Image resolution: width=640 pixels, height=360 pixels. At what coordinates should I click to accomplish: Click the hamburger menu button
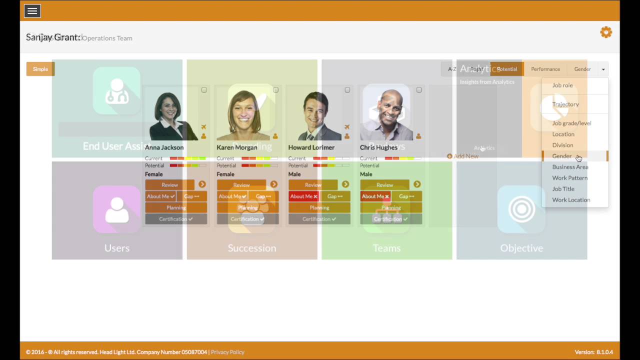click(32, 10)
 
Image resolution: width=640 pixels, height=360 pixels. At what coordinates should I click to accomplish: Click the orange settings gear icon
click(606, 32)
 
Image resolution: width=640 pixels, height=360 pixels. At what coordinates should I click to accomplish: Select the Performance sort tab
click(545, 69)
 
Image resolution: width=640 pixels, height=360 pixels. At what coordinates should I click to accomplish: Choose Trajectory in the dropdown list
click(565, 104)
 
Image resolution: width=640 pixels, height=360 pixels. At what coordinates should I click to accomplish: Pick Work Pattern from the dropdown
click(569, 178)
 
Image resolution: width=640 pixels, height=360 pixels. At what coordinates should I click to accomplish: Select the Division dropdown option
click(562, 145)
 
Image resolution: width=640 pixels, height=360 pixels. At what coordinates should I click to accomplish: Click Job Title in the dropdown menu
click(563, 189)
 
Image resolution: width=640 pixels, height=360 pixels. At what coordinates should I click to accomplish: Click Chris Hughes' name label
click(378, 147)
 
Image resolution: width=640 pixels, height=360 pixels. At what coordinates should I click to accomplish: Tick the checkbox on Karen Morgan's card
click(275, 90)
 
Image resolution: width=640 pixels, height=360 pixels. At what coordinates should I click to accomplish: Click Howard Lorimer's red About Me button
click(303, 196)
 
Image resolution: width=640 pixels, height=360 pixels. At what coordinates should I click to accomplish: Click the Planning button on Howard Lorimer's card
click(319, 207)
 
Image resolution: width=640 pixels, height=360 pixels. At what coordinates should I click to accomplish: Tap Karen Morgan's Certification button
click(247, 219)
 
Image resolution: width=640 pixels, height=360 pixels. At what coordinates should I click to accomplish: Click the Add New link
click(463, 156)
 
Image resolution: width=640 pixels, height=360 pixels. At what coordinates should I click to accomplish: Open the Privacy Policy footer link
click(227, 352)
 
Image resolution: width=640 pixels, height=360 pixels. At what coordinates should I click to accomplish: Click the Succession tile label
click(252, 248)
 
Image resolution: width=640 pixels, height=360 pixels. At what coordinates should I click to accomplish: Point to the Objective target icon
click(521, 209)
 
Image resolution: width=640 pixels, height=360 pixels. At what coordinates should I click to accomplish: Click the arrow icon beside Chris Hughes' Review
click(417, 184)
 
